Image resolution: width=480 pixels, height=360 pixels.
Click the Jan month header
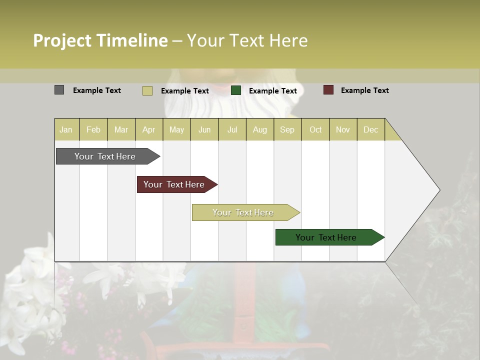coord(66,129)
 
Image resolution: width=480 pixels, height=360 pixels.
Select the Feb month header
coord(93,129)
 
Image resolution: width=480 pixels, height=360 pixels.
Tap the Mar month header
coord(121,129)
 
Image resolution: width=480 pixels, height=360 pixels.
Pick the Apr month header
coord(149,129)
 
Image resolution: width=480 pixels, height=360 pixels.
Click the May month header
coord(176,129)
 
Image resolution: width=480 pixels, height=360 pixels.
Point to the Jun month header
coord(204,129)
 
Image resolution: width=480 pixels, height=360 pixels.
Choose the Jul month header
coord(232,129)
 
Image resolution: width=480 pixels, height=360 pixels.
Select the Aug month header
coord(260,129)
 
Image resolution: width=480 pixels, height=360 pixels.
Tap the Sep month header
coord(287,129)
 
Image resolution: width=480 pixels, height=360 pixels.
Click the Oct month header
coord(315,129)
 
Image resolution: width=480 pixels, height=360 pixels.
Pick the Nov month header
coord(343,129)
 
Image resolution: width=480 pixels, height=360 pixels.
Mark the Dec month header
coord(371,129)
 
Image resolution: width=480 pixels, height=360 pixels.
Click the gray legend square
coord(59,90)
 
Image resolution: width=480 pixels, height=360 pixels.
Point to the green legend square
coord(236,90)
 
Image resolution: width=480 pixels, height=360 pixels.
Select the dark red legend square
coord(328,90)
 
